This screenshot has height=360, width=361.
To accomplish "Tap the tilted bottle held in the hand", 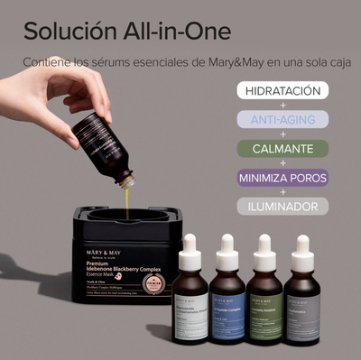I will pyautogui.click(x=104, y=144).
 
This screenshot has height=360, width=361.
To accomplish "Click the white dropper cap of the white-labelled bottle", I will pyautogui.click(x=191, y=247).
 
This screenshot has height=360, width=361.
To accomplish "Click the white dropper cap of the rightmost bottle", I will pyautogui.click(x=301, y=247).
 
